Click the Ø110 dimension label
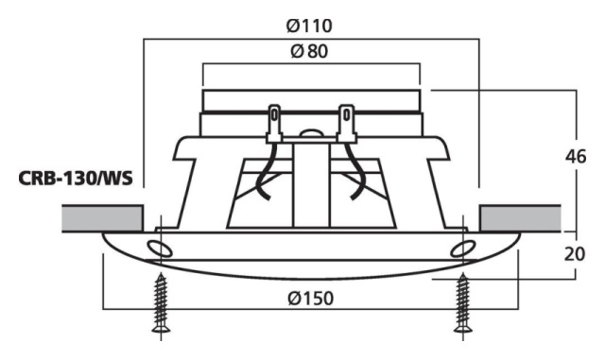pyautogui.click(x=309, y=26)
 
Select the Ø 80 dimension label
pyautogui.click(x=309, y=51)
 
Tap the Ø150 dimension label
pyautogui.click(x=311, y=299)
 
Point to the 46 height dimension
pyautogui.click(x=576, y=157)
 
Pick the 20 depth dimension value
pyautogui.click(x=575, y=254)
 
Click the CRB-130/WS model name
pyautogui.click(x=76, y=179)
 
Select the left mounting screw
pyautogui.click(x=161, y=302)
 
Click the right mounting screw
pyautogui.click(x=463, y=302)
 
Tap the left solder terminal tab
pyautogui.click(x=274, y=124)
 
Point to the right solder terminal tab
pyautogui.click(x=347, y=124)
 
